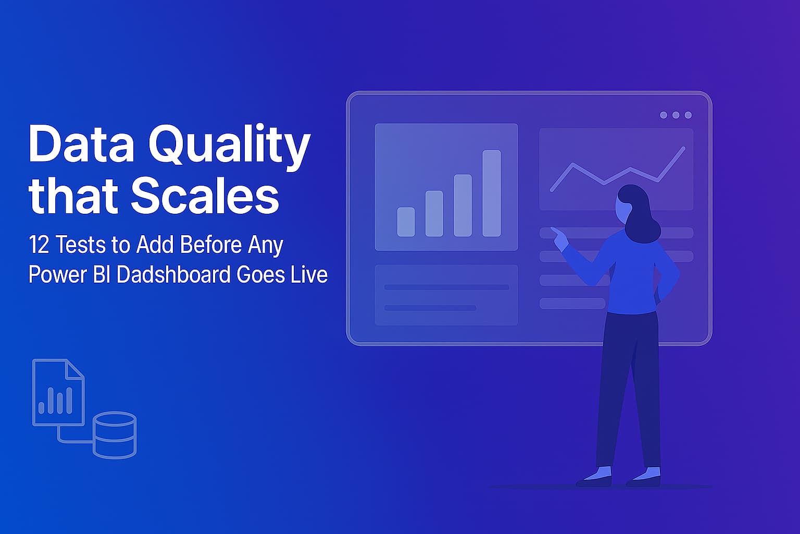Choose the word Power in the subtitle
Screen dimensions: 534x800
[x=58, y=274]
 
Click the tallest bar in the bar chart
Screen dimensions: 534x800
[x=491, y=193]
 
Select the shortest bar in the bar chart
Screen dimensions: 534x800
[x=406, y=222]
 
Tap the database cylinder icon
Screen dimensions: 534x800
[x=115, y=435]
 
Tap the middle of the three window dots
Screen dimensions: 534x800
[x=676, y=115]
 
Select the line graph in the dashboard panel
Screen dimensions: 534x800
[x=617, y=169]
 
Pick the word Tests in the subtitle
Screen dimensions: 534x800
[x=77, y=245]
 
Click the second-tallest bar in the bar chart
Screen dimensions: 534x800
[x=463, y=205]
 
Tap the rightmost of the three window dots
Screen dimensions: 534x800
[x=688, y=115]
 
